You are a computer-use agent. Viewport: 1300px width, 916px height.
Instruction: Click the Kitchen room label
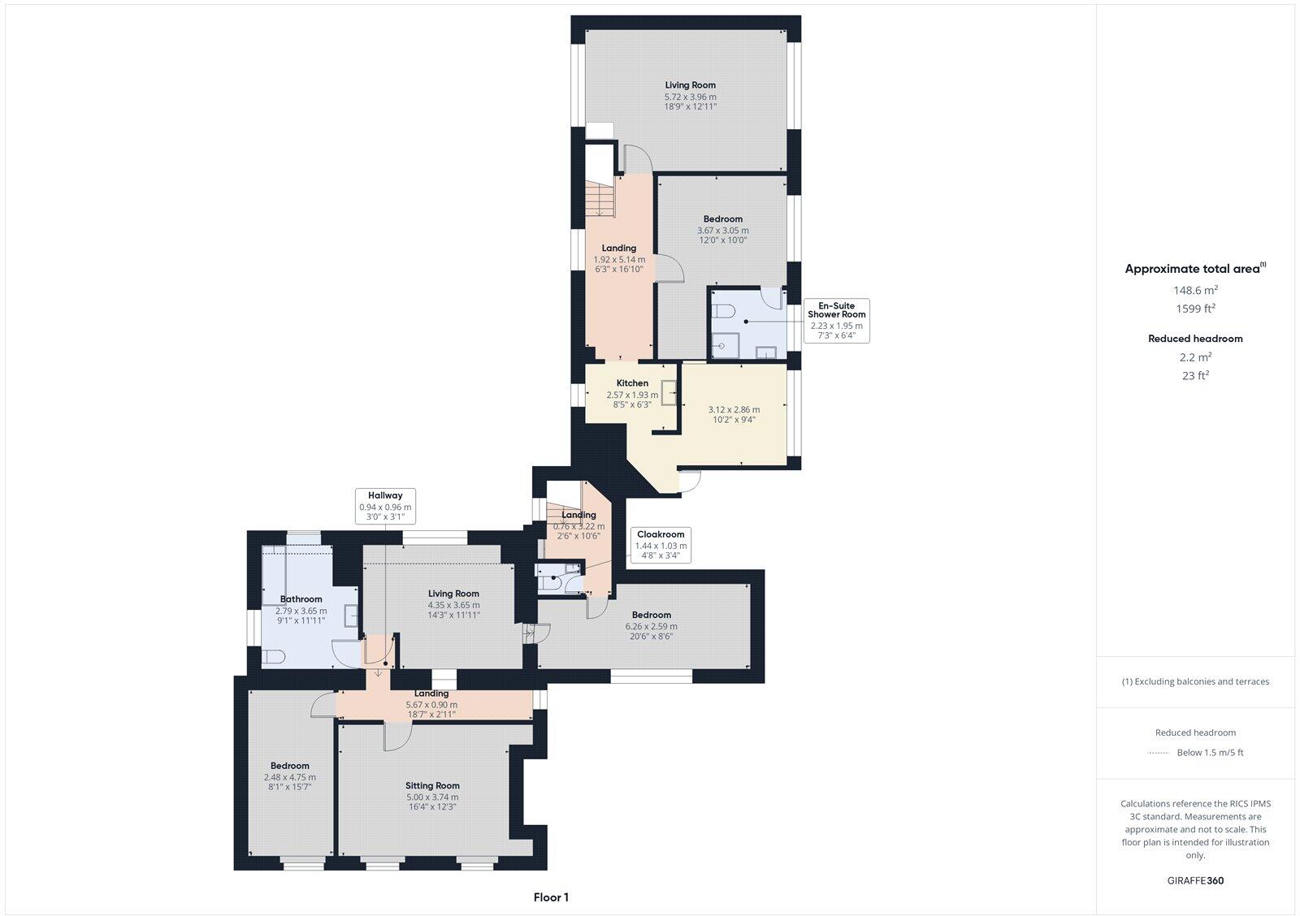click(632, 383)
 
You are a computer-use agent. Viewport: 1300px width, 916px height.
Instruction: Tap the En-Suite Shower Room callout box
click(836, 320)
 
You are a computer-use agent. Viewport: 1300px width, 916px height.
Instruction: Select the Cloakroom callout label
click(661, 546)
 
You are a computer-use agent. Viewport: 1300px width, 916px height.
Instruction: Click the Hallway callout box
click(385, 506)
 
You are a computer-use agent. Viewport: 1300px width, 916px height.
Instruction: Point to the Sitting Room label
click(432, 786)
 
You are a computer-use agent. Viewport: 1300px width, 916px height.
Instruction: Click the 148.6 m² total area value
click(1194, 290)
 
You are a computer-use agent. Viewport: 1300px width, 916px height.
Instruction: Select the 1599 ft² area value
click(1194, 309)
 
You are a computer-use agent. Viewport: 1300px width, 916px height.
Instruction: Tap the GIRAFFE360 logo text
click(1194, 880)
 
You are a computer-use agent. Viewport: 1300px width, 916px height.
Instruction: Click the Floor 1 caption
click(551, 897)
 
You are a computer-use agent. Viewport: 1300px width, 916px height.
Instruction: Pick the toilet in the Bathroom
click(273, 657)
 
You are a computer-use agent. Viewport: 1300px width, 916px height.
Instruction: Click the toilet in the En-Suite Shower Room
click(723, 309)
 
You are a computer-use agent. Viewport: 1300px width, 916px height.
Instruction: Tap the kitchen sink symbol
click(669, 393)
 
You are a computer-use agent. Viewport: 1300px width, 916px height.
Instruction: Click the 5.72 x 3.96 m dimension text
click(690, 97)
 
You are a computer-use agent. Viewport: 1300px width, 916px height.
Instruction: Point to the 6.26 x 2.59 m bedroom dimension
click(651, 626)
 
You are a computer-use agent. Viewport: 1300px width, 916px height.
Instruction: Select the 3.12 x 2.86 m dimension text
click(734, 409)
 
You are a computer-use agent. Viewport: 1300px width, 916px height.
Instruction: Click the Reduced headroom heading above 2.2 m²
click(1194, 339)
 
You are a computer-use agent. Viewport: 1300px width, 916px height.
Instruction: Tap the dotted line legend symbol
click(1158, 753)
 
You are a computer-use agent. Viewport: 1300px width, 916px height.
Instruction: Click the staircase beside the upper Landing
click(599, 197)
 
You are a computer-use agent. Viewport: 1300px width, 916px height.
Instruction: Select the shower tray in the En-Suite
click(725, 345)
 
